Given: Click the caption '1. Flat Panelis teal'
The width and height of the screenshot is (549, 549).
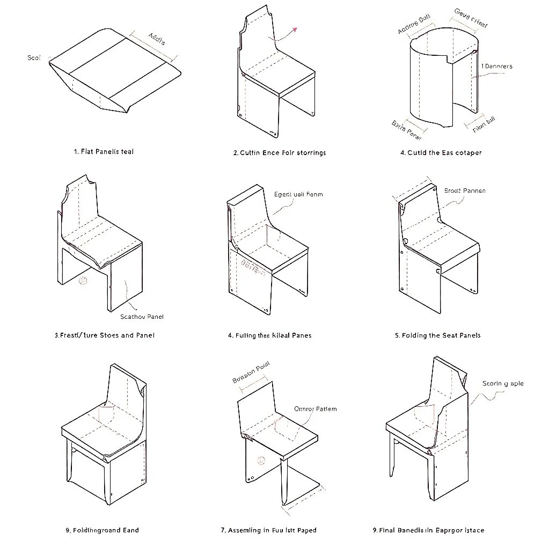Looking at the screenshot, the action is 104,152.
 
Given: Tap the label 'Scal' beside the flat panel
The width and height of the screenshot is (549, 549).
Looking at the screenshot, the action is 34,57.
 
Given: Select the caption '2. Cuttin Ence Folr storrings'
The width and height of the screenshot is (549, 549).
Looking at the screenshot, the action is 279,153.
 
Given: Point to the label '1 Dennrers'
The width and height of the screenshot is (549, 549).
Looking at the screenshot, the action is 496,67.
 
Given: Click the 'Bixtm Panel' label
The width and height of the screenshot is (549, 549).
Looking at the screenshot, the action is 407,128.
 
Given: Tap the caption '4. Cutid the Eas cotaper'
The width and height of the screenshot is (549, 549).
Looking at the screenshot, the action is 441,153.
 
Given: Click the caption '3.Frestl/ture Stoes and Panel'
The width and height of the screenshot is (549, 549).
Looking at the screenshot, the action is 104,335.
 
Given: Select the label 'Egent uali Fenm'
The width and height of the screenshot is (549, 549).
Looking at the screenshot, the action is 298,195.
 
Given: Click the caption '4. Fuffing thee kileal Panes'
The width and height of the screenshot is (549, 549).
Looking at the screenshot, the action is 269,335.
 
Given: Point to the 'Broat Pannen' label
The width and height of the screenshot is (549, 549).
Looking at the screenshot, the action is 465,191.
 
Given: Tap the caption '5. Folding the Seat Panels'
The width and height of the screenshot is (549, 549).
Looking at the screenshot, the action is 437,335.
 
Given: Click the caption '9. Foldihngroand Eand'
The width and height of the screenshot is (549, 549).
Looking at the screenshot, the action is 102,530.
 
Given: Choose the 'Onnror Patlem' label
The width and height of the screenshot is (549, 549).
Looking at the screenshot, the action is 316,409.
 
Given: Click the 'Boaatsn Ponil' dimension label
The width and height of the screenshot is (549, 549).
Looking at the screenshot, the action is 251,372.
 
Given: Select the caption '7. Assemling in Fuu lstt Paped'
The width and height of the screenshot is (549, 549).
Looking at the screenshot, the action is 268,530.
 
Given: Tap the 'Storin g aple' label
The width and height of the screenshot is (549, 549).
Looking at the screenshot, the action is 503,384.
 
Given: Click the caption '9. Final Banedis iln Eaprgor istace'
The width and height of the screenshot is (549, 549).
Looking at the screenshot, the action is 428,530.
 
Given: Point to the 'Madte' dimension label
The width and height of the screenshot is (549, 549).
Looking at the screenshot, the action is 157,39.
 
